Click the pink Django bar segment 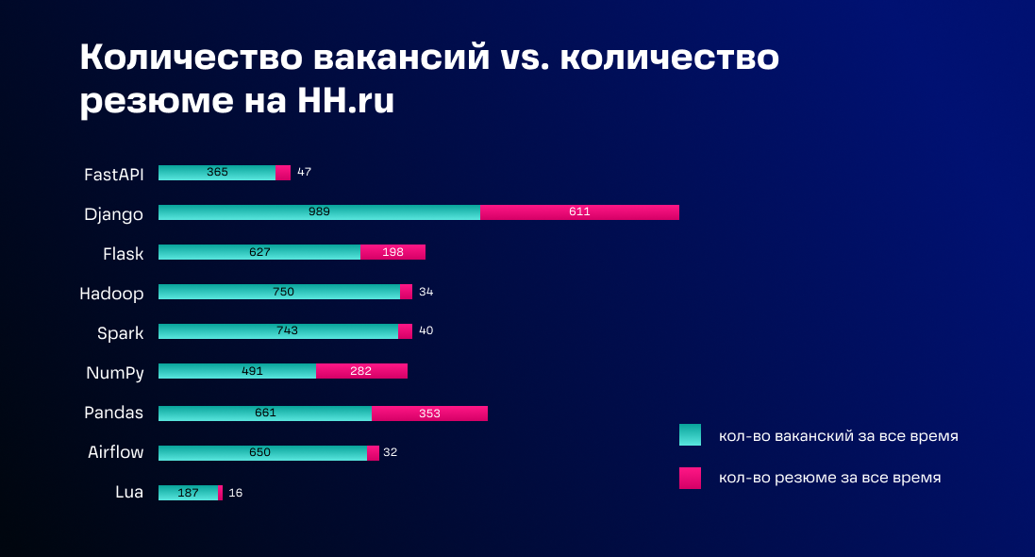[579, 212]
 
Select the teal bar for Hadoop [279, 292]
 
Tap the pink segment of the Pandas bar [429, 414]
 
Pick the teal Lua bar [188, 493]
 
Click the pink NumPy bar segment [361, 371]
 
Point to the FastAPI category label [113, 174]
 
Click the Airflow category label [115, 452]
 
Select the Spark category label [120, 332]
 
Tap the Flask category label [123, 253]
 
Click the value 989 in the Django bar [319, 212]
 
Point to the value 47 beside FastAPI [304, 173]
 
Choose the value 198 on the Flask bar [392, 252]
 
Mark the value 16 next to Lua [236, 493]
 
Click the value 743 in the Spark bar [287, 331]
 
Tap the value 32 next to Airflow [390, 453]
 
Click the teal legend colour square [690, 435]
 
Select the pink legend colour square [690, 478]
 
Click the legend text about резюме [829, 478]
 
